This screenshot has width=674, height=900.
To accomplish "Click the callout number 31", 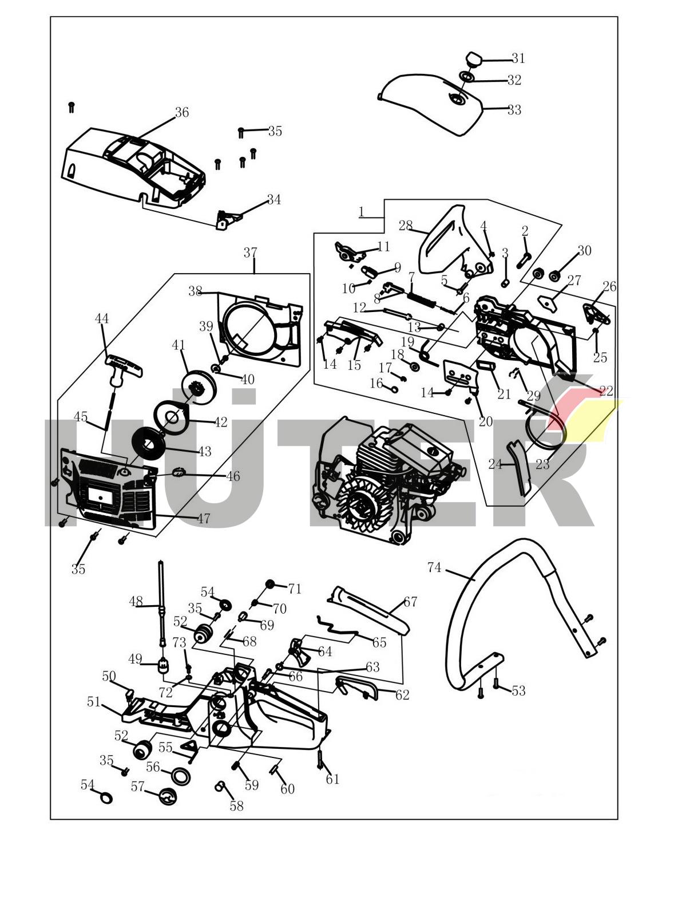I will (518, 58).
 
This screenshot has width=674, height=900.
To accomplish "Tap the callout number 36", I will (181, 112).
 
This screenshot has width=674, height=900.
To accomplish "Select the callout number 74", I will (434, 567).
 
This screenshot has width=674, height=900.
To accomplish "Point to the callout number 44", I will (101, 318).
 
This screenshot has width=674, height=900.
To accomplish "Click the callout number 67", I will (410, 602).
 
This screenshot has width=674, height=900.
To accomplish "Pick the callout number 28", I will (406, 226).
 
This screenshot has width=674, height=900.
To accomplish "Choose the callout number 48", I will (136, 602).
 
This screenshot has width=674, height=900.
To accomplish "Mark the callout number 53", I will (518, 691).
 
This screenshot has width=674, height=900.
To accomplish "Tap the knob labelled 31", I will (474, 58).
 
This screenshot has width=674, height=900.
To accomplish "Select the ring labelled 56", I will (181, 776).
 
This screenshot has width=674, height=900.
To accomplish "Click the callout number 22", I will (606, 391).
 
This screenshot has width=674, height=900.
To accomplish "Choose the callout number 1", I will (361, 212).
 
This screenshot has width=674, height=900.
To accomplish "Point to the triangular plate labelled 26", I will (593, 313).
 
